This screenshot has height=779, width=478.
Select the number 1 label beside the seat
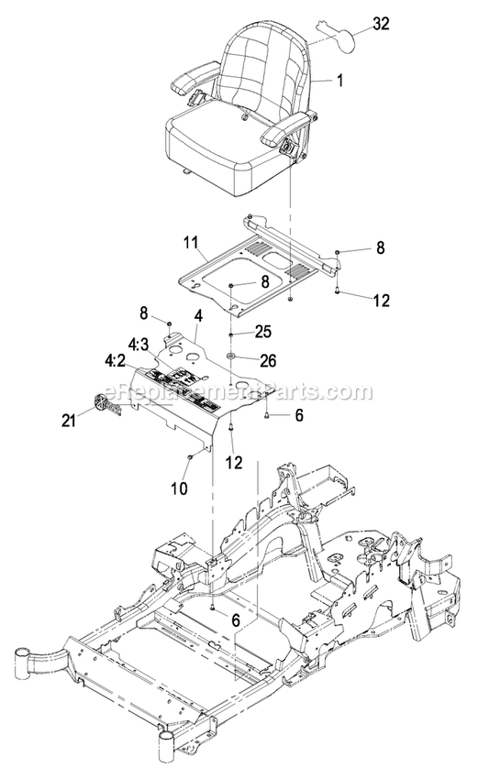click(x=339, y=81)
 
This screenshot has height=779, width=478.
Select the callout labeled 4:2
click(x=117, y=361)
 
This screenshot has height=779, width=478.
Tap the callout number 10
click(x=179, y=488)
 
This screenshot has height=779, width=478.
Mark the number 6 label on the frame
click(x=236, y=620)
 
